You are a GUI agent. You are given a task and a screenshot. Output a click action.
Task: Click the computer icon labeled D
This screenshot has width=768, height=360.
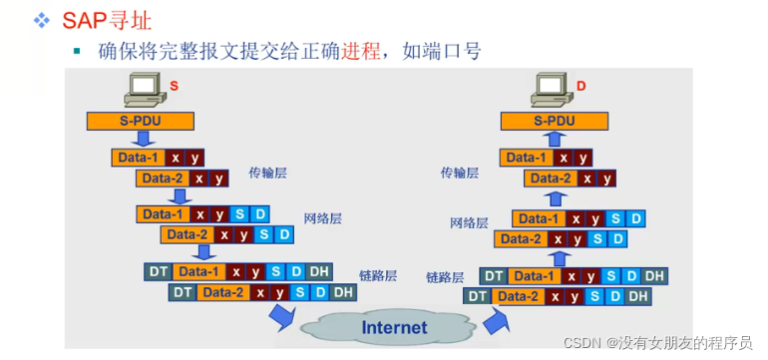552,91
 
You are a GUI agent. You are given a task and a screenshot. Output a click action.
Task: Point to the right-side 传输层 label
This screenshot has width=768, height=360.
460,173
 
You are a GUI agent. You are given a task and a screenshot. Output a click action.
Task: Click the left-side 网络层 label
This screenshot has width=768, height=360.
323,217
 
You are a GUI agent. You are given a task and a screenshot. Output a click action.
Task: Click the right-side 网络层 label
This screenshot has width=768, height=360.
469,222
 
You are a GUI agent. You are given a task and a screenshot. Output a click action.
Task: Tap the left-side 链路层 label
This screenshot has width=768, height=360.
378,275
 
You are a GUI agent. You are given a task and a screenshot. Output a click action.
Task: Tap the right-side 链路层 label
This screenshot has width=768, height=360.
445,277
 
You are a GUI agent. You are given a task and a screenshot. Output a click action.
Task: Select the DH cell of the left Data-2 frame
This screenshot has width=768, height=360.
343,292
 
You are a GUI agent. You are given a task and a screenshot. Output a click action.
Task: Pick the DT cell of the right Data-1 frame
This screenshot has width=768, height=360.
492,275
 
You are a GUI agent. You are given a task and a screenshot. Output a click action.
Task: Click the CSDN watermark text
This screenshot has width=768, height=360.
657,342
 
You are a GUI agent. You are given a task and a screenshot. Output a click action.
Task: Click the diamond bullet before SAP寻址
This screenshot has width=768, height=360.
41,20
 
